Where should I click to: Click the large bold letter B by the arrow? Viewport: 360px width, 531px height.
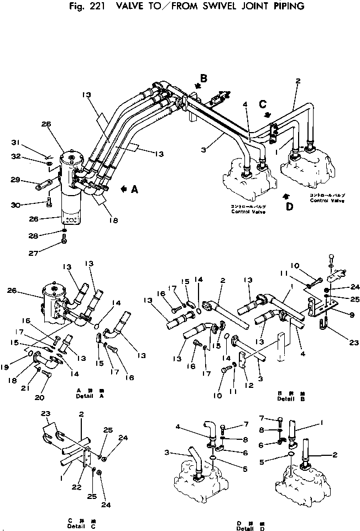pyautogui.click(x=204, y=79)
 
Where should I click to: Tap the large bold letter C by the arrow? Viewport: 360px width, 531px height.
pyautogui.click(x=263, y=103)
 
